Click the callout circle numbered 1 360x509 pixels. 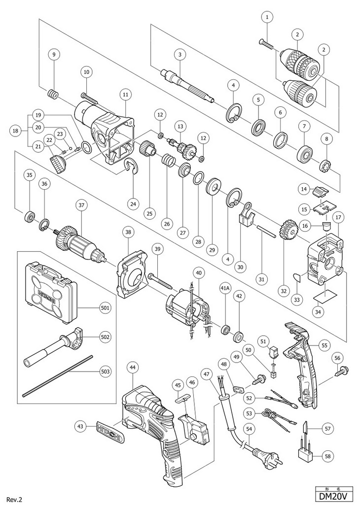[x=267, y=17]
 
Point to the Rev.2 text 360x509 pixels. [x=13, y=500]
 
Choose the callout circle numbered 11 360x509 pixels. [x=125, y=94]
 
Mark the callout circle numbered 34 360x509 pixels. [x=319, y=311]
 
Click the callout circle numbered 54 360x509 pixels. [x=251, y=429]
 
